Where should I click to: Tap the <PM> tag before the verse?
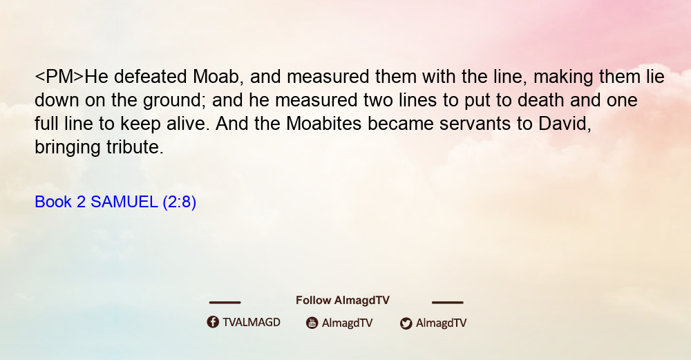tap(59, 77)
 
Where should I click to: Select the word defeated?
tap(150, 77)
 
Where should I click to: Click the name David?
tap(565, 124)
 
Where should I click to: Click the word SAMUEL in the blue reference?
tap(124, 202)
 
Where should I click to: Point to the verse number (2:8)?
tap(180, 202)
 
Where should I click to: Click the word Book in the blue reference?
tap(53, 202)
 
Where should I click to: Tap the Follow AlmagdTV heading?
tap(343, 301)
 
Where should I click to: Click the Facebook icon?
tap(213, 322)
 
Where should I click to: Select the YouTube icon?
tap(312, 323)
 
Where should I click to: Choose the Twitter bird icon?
tap(406, 323)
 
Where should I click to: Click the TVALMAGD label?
tap(252, 323)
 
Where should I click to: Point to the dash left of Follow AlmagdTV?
tap(225, 303)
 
